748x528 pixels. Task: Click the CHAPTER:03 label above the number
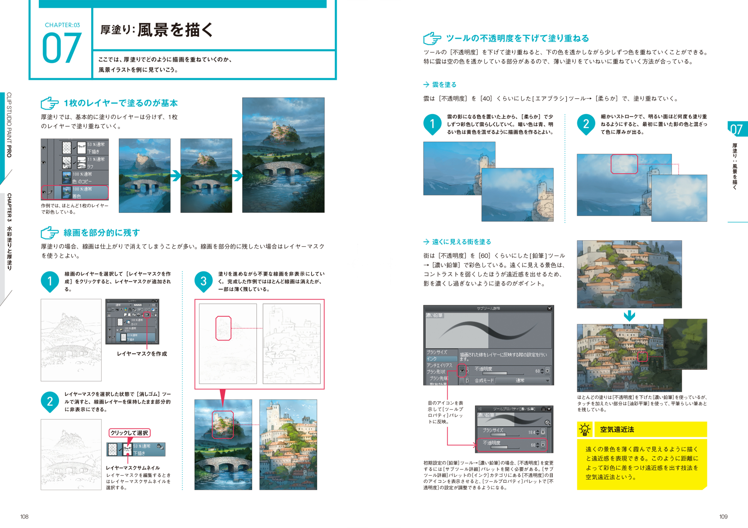pyautogui.click(x=62, y=25)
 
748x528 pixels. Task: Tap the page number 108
pyautogui.click(x=24, y=517)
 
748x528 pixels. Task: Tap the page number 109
pyautogui.click(x=723, y=517)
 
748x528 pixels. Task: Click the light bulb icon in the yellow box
pyautogui.click(x=585, y=430)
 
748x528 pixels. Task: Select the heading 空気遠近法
pyautogui.click(x=617, y=430)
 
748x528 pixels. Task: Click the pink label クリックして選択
pyautogui.click(x=129, y=433)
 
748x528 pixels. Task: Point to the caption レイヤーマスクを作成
pyautogui.click(x=142, y=354)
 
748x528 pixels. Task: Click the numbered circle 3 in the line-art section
pyautogui.click(x=203, y=281)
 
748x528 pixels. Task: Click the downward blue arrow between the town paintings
pyautogui.click(x=629, y=316)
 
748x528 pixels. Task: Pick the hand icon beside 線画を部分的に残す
pyautogui.click(x=50, y=233)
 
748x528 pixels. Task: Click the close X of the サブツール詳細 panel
pyautogui.click(x=549, y=309)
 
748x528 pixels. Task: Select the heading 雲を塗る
pyautogui.click(x=444, y=85)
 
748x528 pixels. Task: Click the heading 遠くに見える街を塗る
pyautogui.click(x=462, y=242)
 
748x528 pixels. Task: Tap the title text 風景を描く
pyautogui.click(x=175, y=30)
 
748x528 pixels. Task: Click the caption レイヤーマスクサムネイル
pyautogui.click(x=133, y=468)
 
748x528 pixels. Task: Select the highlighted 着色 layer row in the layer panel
pyautogui.click(x=75, y=192)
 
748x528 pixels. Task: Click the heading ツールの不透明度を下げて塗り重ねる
pyautogui.click(x=517, y=38)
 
